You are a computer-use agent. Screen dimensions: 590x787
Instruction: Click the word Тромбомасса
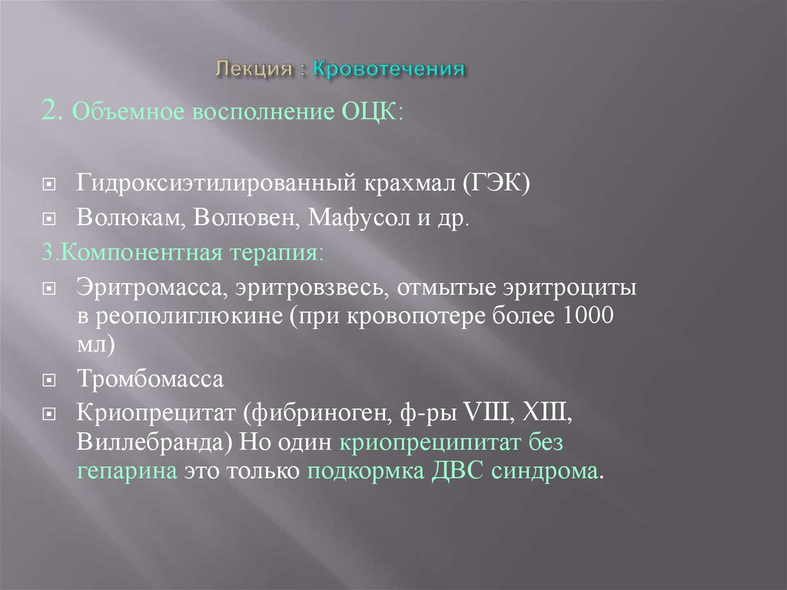click(x=149, y=379)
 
